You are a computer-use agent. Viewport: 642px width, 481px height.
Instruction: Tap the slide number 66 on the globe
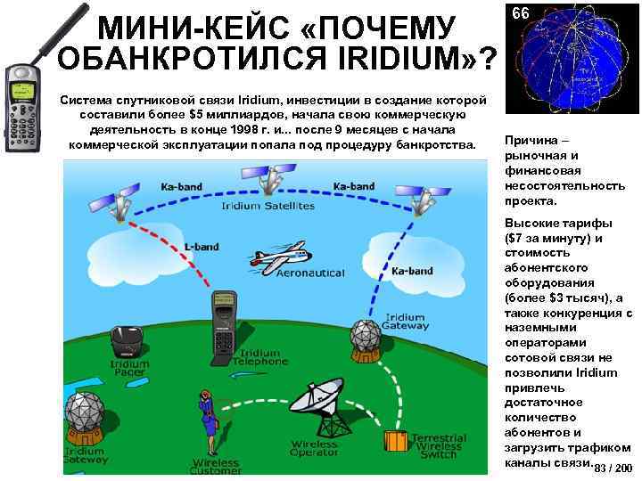point(521,14)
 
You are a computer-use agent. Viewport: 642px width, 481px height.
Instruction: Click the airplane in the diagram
point(275,257)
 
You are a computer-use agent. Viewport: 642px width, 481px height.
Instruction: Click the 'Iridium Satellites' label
point(267,206)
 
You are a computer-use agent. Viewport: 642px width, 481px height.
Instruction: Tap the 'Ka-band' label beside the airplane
point(412,271)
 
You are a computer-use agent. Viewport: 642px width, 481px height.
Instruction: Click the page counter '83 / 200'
point(613,469)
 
